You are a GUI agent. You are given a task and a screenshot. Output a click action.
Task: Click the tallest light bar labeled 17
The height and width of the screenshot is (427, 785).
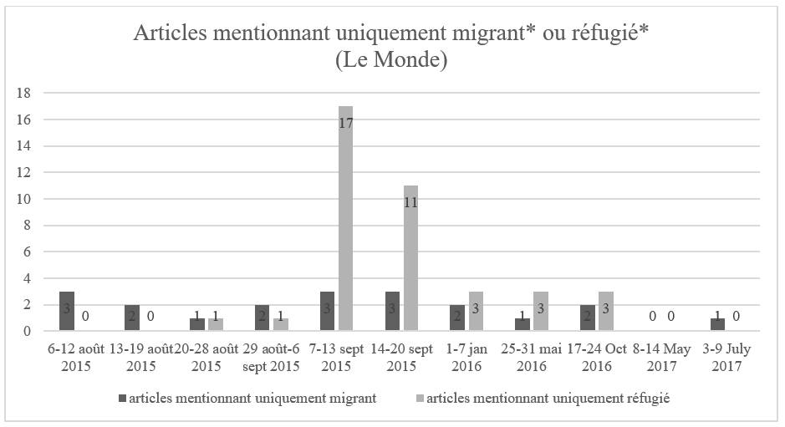[345, 218]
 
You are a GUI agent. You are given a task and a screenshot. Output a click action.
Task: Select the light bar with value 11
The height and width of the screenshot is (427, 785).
[410, 258]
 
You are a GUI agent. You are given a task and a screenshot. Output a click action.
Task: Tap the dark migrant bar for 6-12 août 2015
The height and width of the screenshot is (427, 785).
[67, 311]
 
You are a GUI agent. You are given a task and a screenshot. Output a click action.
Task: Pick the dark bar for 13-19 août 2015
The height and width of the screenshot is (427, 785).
[132, 318]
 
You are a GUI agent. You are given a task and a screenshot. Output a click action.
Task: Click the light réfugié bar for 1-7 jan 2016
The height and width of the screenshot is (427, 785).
[477, 311]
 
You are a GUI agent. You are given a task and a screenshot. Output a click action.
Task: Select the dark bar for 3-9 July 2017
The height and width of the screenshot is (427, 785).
[717, 324]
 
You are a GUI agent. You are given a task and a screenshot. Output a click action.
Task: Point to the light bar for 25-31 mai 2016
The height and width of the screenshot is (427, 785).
[541, 311]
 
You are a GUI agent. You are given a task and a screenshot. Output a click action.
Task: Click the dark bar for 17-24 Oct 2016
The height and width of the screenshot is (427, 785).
[588, 318]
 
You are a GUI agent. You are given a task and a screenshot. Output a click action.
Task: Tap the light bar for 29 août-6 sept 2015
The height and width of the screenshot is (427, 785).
[280, 324]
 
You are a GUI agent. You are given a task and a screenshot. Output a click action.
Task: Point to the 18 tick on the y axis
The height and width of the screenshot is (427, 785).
[23, 93]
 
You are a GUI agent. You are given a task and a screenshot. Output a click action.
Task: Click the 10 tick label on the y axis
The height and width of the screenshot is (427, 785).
[23, 199]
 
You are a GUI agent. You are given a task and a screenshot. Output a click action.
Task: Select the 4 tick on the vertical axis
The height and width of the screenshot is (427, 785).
[27, 278]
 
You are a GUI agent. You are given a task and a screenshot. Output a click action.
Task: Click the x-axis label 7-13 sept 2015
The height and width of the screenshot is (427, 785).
[336, 358]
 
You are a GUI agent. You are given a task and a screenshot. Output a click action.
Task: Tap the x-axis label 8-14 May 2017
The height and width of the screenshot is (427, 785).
[662, 358]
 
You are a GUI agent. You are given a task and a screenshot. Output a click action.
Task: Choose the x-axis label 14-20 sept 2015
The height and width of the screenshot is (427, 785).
[401, 358]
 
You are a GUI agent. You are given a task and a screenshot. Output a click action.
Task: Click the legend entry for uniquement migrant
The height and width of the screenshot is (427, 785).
[247, 399]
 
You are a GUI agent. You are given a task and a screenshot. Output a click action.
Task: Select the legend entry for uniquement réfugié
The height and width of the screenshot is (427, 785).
[543, 399]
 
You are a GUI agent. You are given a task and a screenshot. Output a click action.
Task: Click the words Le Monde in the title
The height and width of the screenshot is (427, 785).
[391, 59]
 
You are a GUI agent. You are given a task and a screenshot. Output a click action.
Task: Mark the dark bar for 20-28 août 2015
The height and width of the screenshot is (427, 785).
[197, 324]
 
